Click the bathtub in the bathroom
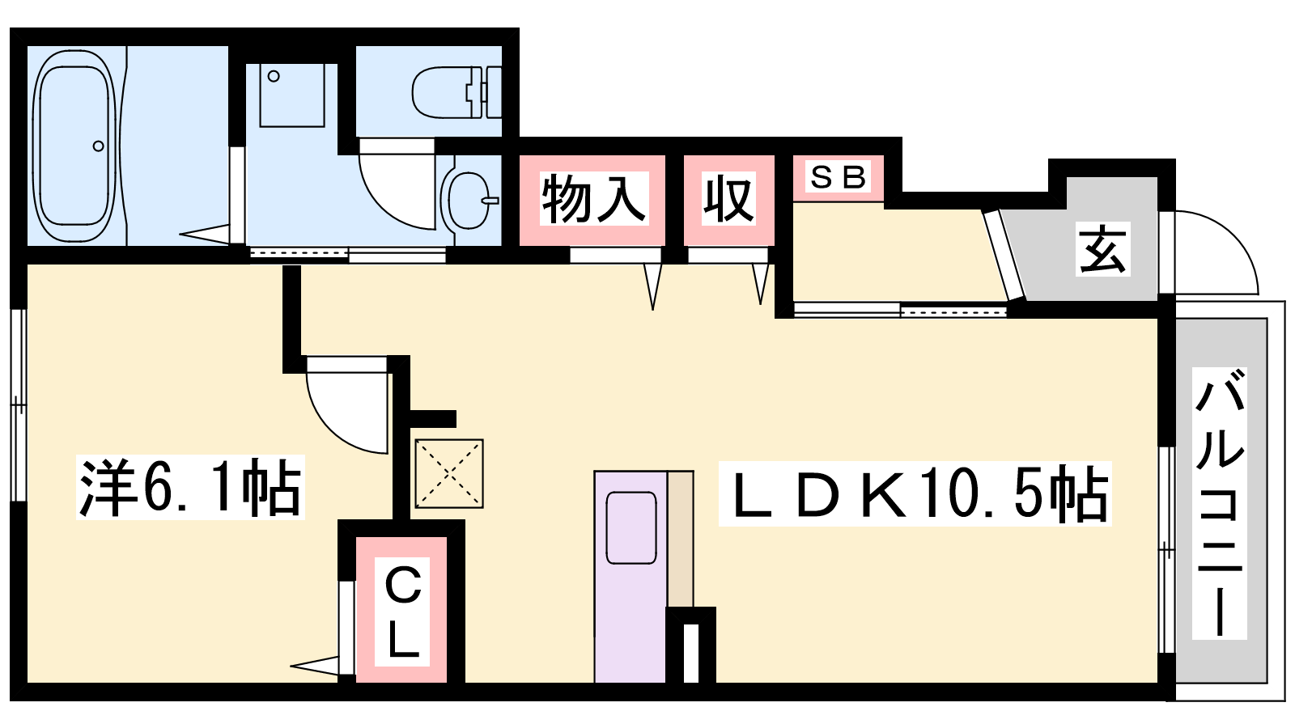tap(74, 146)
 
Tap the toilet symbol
tap(456, 92)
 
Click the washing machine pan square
tap(292, 95)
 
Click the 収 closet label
tap(728, 199)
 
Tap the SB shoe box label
tap(839, 177)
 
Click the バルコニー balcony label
tap(1219, 503)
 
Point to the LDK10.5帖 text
tap(915, 494)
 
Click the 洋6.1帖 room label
tap(190, 488)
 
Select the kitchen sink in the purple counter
tap(631, 527)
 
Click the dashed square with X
tap(449, 474)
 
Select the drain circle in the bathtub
tap(98, 146)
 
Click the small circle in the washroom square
tap(274, 76)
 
